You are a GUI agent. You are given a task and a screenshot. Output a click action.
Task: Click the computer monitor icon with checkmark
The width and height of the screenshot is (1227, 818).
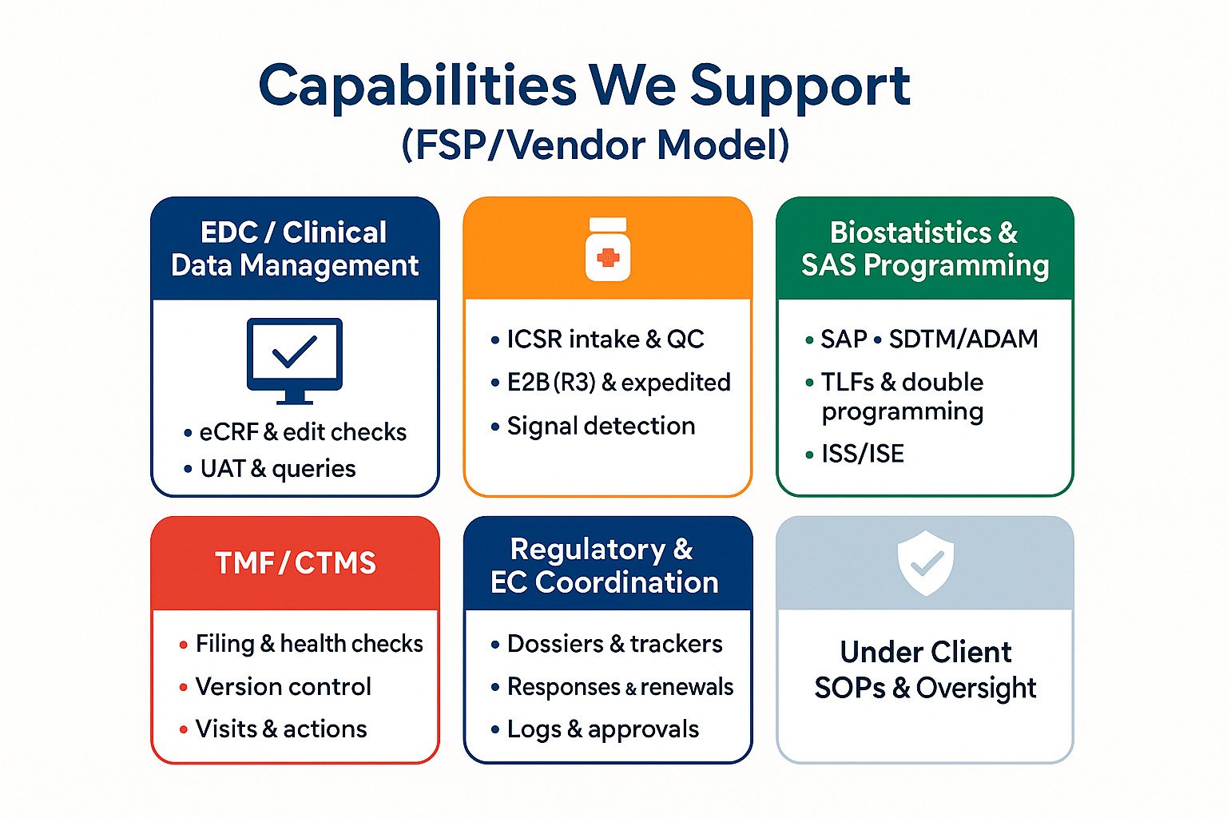click(x=295, y=359)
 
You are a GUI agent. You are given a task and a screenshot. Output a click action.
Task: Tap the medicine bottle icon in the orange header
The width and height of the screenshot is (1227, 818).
click(x=608, y=249)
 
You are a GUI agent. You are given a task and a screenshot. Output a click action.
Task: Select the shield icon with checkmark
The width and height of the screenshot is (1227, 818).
click(x=926, y=563)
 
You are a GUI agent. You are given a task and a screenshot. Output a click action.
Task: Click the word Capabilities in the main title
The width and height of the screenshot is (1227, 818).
click(x=417, y=86)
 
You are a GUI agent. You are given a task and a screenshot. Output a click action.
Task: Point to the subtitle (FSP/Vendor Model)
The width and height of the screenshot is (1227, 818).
click(x=596, y=145)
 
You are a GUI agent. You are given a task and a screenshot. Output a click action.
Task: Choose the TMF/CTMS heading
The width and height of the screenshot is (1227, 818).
click(x=296, y=563)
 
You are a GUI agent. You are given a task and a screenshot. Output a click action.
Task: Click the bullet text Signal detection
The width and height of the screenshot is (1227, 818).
click(x=601, y=426)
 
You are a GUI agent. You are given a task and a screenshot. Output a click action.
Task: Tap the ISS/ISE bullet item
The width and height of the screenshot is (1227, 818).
click(x=862, y=454)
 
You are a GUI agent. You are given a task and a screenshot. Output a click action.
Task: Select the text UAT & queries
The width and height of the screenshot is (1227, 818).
click(x=277, y=468)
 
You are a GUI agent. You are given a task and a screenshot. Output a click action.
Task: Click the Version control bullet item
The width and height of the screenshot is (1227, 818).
click(x=283, y=686)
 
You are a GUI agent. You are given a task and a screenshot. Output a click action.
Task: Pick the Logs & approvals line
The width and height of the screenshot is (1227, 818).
click(x=602, y=729)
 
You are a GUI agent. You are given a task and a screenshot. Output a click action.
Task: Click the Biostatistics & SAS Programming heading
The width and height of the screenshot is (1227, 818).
click(x=925, y=248)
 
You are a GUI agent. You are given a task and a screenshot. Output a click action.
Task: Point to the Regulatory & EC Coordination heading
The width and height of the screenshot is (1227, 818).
click(x=605, y=566)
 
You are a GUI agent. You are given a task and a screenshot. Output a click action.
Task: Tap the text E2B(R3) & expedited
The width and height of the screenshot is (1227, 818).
click(x=618, y=383)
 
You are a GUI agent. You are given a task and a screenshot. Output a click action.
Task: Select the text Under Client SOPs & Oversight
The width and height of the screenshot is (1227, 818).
click(x=925, y=669)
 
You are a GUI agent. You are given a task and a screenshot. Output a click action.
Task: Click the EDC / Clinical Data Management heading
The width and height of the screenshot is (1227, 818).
click(x=295, y=248)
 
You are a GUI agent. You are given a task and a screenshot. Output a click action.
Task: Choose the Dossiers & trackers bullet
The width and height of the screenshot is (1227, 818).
click(x=614, y=644)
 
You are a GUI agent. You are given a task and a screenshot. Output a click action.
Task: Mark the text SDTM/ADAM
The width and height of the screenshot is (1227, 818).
click(x=963, y=339)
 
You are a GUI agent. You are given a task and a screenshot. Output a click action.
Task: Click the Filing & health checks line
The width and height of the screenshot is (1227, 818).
click(x=309, y=644)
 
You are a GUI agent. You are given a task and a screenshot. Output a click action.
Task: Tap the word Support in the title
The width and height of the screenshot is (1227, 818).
click(x=800, y=86)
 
